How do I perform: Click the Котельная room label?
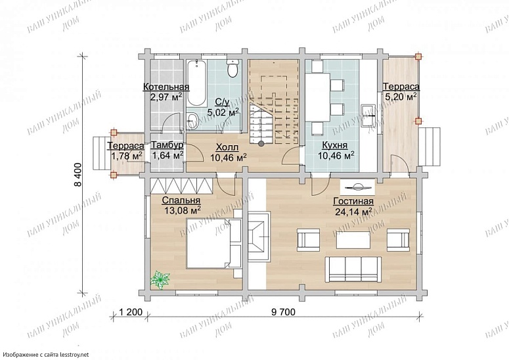pyautogui.click(x=166, y=87)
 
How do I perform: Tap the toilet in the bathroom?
pyautogui.click(x=232, y=70)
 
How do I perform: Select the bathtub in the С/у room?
pyautogui.click(x=197, y=83)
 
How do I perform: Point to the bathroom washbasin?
pyautogui.click(x=192, y=120)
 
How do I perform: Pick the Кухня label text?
pyautogui.click(x=335, y=145)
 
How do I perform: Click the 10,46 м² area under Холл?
pyautogui.click(x=228, y=158)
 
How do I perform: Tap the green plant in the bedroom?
pyautogui.click(x=160, y=280)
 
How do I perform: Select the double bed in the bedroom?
pyautogui.click(x=214, y=244)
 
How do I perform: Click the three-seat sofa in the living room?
pyautogui.click(x=353, y=269)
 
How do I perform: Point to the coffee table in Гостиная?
pyautogui.click(x=353, y=240)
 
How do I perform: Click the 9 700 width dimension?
pyautogui.click(x=283, y=312)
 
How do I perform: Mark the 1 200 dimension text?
pyautogui.click(x=131, y=312)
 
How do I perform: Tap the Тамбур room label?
pyautogui.click(x=167, y=145)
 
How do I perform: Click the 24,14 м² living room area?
pyautogui.click(x=353, y=212)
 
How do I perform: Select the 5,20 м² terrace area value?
pyautogui.click(x=401, y=97)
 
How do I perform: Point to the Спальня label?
pyautogui.click(x=181, y=200)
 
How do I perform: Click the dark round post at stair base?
pyautogui.click(x=261, y=143)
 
